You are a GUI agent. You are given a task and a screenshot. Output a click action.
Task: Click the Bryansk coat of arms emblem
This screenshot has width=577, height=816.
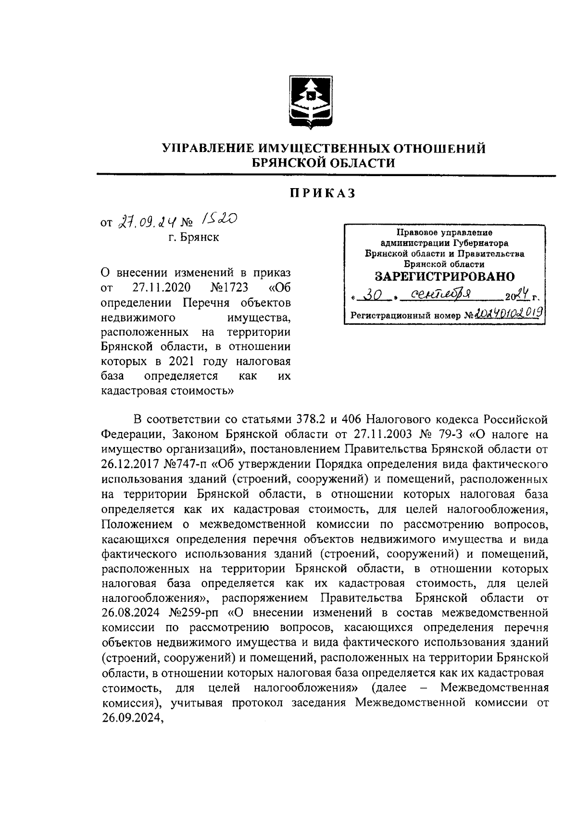(310, 102)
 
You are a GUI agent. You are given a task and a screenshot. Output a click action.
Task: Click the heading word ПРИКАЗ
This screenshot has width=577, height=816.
(322, 193)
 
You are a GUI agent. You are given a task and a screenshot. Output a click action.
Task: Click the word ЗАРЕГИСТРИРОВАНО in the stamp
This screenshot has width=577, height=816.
(444, 277)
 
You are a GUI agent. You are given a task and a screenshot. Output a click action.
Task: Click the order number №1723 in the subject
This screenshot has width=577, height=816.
(229, 288)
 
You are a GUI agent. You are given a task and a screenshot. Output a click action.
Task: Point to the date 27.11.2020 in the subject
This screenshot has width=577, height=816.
(161, 288)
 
